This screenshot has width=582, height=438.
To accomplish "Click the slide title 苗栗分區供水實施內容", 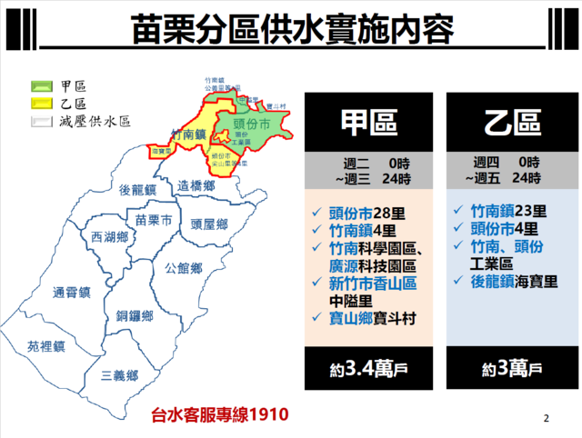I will pyautogui.click(x=291, y=28).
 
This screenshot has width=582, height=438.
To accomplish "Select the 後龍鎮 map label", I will pyautogui.click(x=138, y=190).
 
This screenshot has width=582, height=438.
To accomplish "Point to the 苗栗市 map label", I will pyautogui.click(x=153, y=220).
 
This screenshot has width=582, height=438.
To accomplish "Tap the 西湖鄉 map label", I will pyautogui.click(x=109, y=237).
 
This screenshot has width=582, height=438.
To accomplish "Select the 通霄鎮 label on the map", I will pyautogui.click(x=72, y=293).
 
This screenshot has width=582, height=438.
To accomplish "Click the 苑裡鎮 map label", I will pyautogui.click(x=46, y=346).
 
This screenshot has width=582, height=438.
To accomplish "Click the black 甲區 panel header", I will pyautogui.click(x=369, y=124).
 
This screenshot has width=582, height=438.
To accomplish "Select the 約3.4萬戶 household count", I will pyautogui.click(x=369, y=370).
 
